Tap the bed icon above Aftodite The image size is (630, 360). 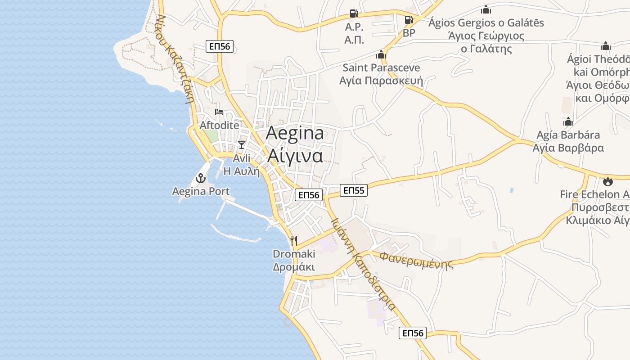click(219, 112)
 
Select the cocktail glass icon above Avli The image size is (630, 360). click(242, 144)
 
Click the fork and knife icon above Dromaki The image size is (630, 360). click(294, 240)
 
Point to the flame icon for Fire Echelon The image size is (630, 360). click(608, 181)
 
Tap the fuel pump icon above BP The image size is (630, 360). click(409, 20)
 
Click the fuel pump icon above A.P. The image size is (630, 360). click(354, 14)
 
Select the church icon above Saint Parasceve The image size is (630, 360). click(381, 55)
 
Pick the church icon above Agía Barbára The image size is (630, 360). click(568, 121)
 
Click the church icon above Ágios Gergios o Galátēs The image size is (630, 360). click(486, 9)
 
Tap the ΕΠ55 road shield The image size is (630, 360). click(353, 190)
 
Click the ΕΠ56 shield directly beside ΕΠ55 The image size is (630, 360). click(309, 195)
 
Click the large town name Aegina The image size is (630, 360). click(295, 133)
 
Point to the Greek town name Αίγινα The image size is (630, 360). click(295, 155)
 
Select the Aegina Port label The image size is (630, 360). click(201, 191)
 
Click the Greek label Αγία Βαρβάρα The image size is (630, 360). click(568, 148)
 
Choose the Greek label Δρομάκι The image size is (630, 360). click(294, 267)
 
